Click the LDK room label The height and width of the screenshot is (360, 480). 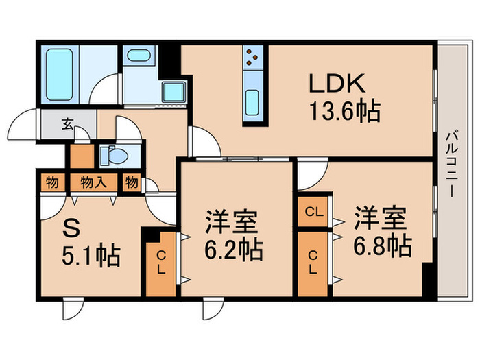click(x=339, y=84)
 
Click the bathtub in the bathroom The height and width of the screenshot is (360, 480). click(x=60, y=75)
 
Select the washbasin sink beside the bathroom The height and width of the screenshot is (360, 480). click(x=141, y=56)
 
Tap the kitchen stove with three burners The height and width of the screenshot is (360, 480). click(x=252, y=57)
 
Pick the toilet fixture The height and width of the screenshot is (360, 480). click(x=112, y=156)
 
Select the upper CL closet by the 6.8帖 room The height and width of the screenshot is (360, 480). click(x=314, y=212)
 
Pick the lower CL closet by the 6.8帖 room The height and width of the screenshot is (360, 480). click(x=314, y=263)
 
